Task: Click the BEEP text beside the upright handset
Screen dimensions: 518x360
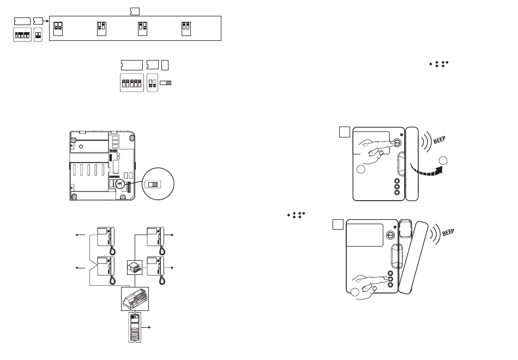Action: tap(439, 140)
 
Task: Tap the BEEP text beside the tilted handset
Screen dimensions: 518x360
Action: tap(448, 232)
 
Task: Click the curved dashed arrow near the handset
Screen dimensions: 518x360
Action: tap(426, 170)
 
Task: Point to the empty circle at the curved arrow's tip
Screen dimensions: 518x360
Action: tap(443, 161)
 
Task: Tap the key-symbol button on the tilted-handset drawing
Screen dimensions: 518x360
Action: tap(390, 236)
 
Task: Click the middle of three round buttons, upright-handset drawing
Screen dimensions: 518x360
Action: tap(397, 187)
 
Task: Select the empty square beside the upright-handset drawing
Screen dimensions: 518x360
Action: tap(345, 132)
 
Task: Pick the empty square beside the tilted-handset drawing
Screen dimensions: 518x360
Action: tap(338, 225)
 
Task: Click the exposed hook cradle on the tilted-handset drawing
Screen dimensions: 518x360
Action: tap(405, 229)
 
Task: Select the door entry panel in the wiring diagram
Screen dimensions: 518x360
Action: tap(135, 327)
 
